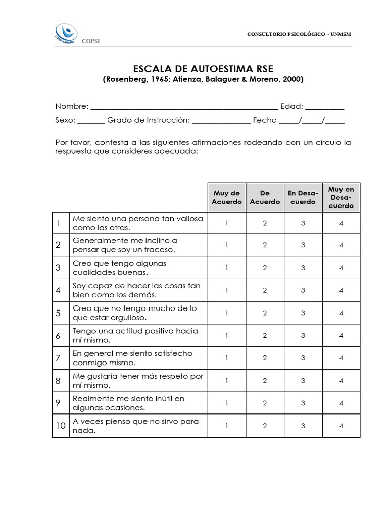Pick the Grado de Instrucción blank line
pyautogui.click(x=221, y=121)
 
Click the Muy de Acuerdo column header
pyautogui.click(x=227, y=197)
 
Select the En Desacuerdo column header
pyautogui.click(x=303, y=197)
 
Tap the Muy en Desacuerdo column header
pyautogui.click(x=342, y=197)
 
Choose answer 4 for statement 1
pyautogui.click(x=342, y=223)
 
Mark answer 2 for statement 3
pyautogui.click(x=265, y=268)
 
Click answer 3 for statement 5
pyautogui.click(x=303, y=313)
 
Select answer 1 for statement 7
pyautogui.click(x=227, y=358)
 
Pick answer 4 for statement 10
pyautogui.click(x=342, y=426)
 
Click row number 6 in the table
pyautogui.click(x=58, y=336)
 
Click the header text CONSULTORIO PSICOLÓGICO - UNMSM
pyautogui.click(x=299, y=34)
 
